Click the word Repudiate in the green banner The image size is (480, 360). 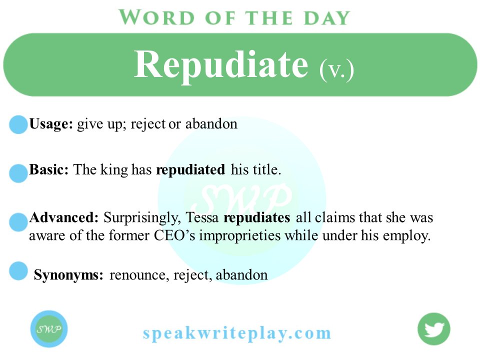(221, 65)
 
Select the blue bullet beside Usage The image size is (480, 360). (18, 124)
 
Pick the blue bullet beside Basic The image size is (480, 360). (18, 173)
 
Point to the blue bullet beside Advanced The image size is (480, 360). (18, 222)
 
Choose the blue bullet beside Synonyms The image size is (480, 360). (18, 270)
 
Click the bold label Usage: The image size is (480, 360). (51, 124)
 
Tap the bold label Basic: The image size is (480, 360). (49, 170)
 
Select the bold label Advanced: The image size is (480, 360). (64, 218)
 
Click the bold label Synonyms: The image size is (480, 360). (68, 275)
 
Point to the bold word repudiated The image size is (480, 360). (190, 170)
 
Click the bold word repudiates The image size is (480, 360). (257, 218)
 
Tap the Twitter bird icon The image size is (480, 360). (434, 329)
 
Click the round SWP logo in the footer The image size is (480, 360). (48, 329)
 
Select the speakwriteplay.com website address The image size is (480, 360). (237, 333)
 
